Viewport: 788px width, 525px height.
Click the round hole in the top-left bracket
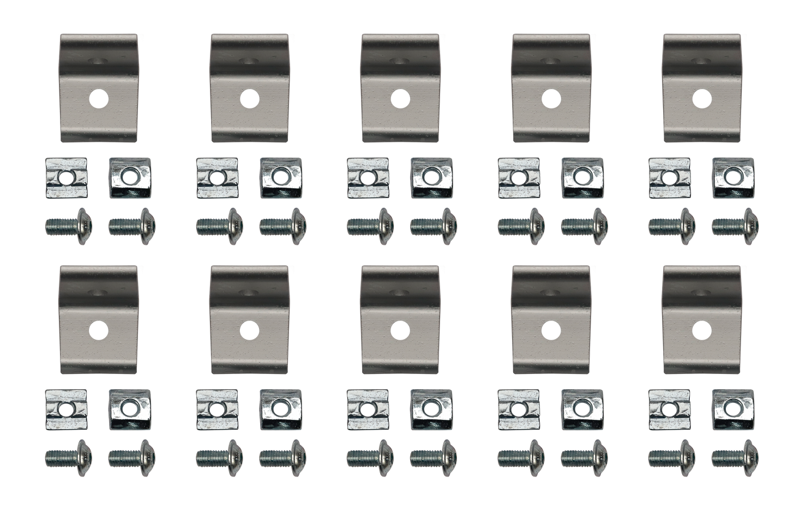click(99, 98)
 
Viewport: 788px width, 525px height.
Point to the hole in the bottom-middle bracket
click(400, 329)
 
